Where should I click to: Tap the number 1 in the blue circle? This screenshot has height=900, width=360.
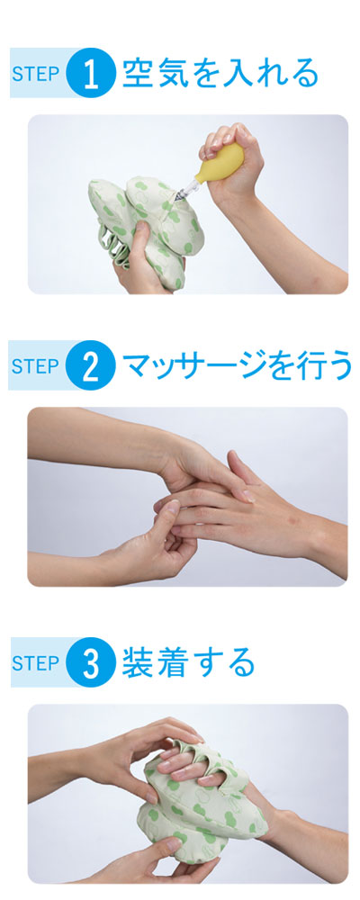(x=91, y=74)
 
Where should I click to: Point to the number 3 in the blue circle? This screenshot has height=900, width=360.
(x=91, y=664)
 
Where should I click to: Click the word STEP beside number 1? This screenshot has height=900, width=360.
(x=36, y=75)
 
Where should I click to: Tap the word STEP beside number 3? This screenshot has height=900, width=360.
(x=36, y=664)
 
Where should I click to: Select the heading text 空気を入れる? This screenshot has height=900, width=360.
(x=220, y=74)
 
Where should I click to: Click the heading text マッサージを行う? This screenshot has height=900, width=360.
(x=237, y=366)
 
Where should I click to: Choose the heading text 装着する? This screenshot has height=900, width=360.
(x=188, y=663)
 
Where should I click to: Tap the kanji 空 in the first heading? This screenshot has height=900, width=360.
(x=136, y=74)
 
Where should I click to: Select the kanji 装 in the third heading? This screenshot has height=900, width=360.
(x=136, y=663)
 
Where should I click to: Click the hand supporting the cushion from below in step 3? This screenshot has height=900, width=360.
(x=172, y=861)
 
